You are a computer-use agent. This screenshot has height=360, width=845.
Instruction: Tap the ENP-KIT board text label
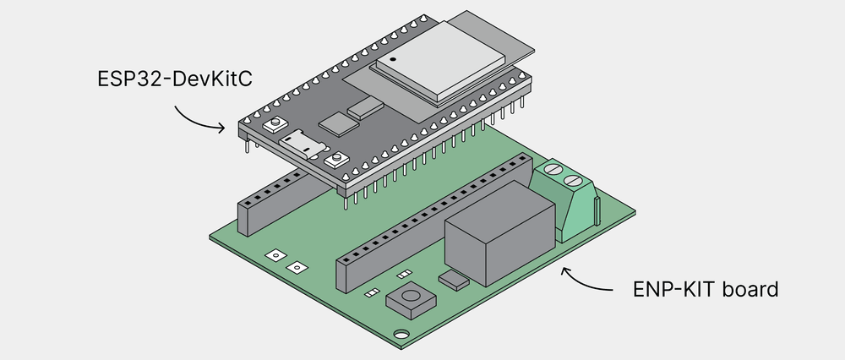(705, 290)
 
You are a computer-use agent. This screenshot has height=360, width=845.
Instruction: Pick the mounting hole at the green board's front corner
(398, 333)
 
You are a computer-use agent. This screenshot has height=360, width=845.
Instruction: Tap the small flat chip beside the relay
(454, 279)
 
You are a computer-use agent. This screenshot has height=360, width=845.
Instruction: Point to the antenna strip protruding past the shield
(507, 34)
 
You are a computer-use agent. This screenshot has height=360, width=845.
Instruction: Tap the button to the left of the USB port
(273, 125)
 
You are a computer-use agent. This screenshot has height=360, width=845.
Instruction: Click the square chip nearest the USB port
(341, 125)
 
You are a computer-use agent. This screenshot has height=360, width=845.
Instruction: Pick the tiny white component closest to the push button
(372, 293)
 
